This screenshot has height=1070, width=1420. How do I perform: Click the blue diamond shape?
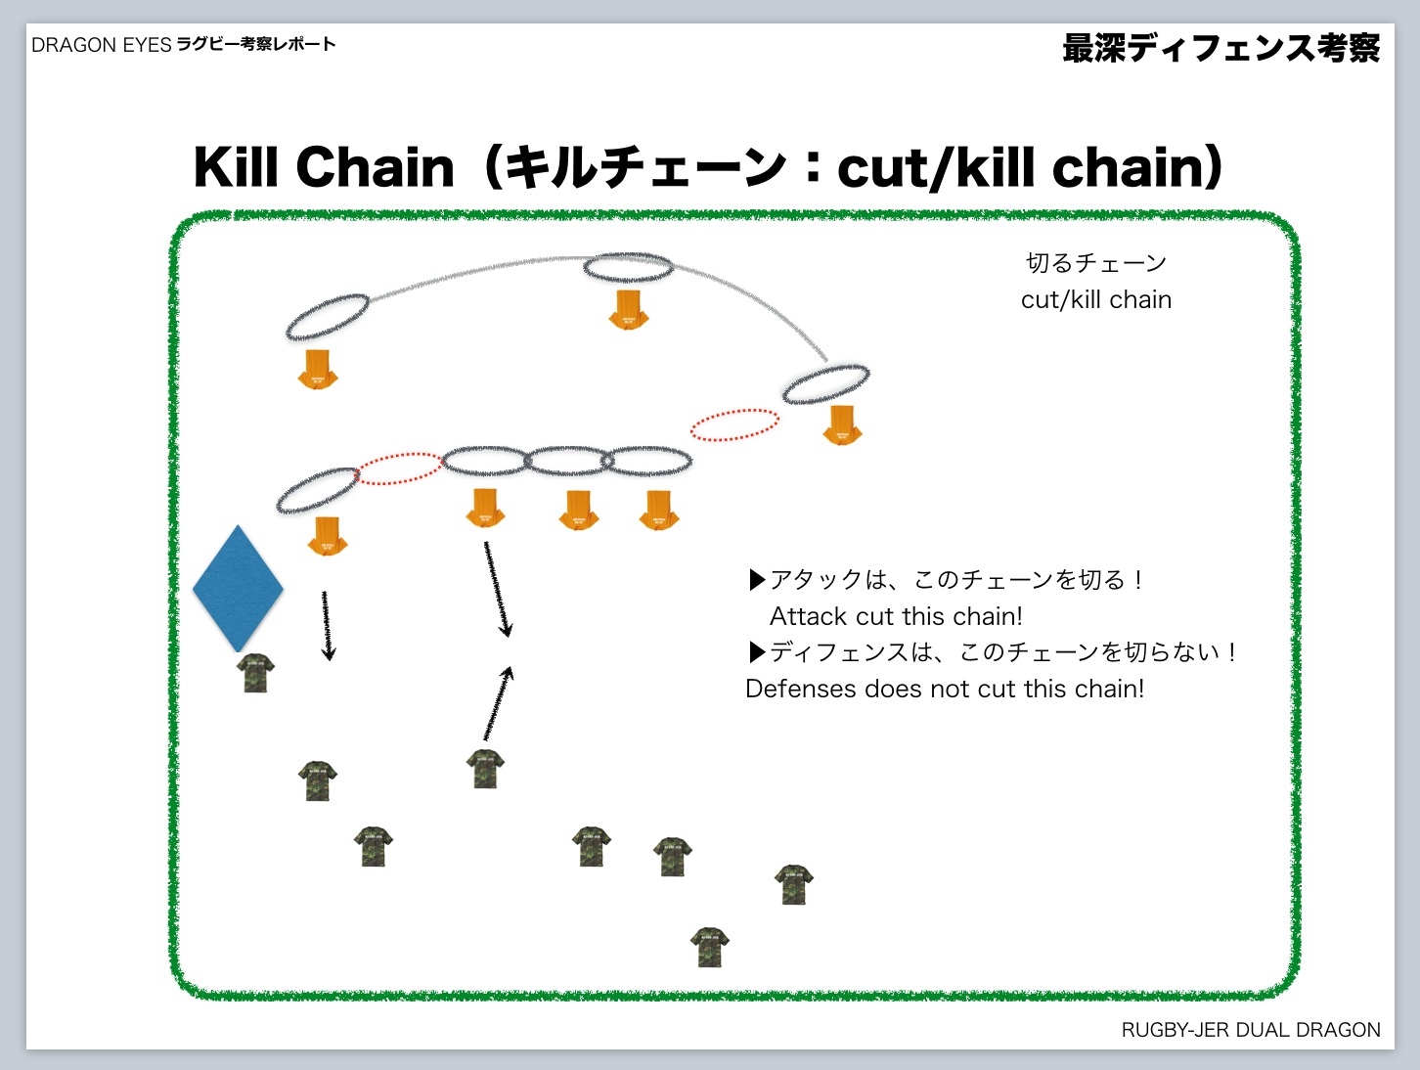pyautogui.click(x=238, y=588)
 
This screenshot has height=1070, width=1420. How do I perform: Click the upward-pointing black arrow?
pyautogui.click(x=499, y=703)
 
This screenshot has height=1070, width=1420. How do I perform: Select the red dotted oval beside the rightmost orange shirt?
pyautogui.click(x=734, y=425)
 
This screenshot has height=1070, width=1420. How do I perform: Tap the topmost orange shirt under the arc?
pyautogui.click(x=628, y=310)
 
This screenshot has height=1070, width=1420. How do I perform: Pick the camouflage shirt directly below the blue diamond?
pyautogui.click(x=255, y=673)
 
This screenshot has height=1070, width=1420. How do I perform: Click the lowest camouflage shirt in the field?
pyautogui.click(x=710, y=947)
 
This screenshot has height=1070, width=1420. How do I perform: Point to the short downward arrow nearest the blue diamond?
pyautogui.click(x=328, y=626)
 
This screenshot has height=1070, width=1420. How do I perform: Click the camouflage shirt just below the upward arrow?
pyautogui.click(x=485, y=769)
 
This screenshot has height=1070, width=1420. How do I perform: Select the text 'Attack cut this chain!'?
pyautogui.click(x=896, y=616)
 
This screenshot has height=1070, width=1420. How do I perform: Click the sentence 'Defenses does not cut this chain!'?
pyautogui.click(x=945, y=689)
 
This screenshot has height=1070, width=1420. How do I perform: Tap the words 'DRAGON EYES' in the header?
pyautogui.click(x=102, y=45)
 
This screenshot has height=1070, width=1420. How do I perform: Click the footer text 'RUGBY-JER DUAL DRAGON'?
pyautogui.click(x=1251, y=1030)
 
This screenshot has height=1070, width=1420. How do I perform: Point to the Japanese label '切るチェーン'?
pyautogui.click(x=1096, y=263)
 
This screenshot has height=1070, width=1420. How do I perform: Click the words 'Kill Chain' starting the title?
pyautogui.click(x=324, y=167)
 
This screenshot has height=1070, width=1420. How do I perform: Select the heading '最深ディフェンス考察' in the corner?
pyautogui.click(x=1221, y=49)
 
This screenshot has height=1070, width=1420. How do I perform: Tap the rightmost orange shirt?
pyautogui.click(x=842, y=425)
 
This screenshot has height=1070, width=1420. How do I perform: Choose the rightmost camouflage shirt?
pyautogui.click(x=794, y=884)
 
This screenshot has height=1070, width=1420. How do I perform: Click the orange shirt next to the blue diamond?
pyautogui.click(x=328, y=536)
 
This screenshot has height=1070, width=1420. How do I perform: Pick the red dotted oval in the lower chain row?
pyautogui.click(x=398, y=469)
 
